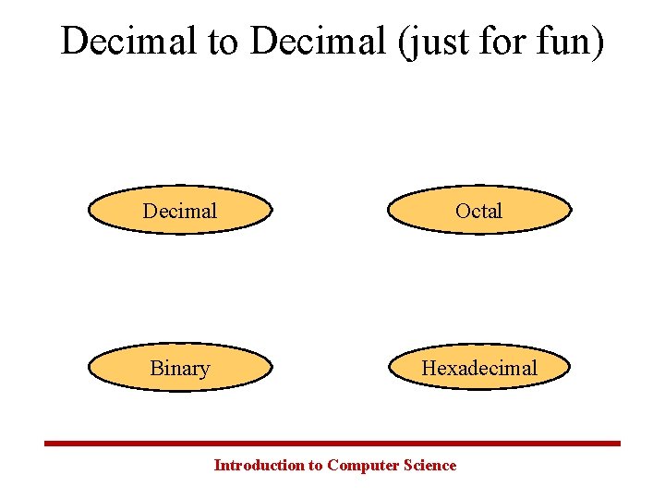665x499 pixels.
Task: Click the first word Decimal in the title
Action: click(132, 42)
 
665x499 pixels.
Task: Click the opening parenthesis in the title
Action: click(403, 43)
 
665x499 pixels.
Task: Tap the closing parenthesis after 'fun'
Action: click(598, 43)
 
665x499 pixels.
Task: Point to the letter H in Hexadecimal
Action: click(429, 368)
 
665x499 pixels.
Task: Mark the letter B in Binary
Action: click(156, 368)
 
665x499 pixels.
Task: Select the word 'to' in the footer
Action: click(314, 465)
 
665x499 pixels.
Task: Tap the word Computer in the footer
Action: click(363, 465)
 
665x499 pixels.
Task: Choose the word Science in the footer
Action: click(429, 465)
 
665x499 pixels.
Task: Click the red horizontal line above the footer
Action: click(332, 444)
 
